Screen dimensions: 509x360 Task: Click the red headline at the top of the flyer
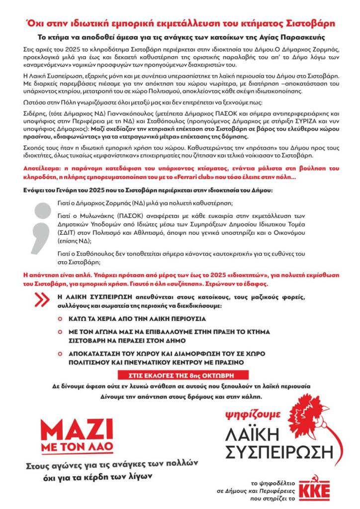point(180,23)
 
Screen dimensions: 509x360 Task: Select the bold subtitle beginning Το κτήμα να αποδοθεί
point(180,37)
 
